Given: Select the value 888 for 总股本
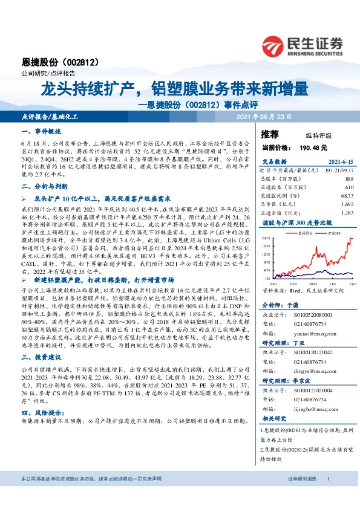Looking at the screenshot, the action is point(349,180).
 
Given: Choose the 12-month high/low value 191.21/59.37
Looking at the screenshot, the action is point(336,171).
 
